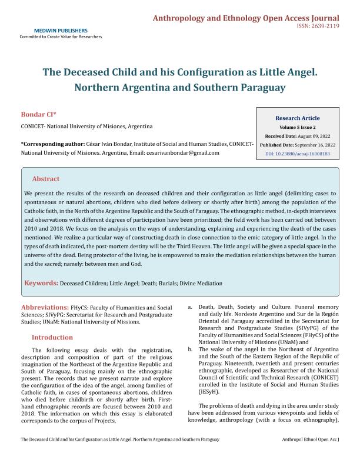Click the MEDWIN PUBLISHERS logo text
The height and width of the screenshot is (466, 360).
pyautogui.click(x=61, y=30)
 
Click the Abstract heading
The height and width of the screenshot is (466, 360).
pyautogui.click(x=46, y=179)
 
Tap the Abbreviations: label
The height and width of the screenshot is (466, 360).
pyautogui.click(x=45, y=308)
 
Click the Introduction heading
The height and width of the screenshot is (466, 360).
pyautogui.click(x=52, y=338)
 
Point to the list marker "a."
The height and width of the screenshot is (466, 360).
pyautogui.click(x=189, y=308)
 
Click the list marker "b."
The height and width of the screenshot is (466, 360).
pyautogui.click(x=189, y=349)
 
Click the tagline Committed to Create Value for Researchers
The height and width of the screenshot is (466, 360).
pyautogui.click(x=61, y=36)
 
